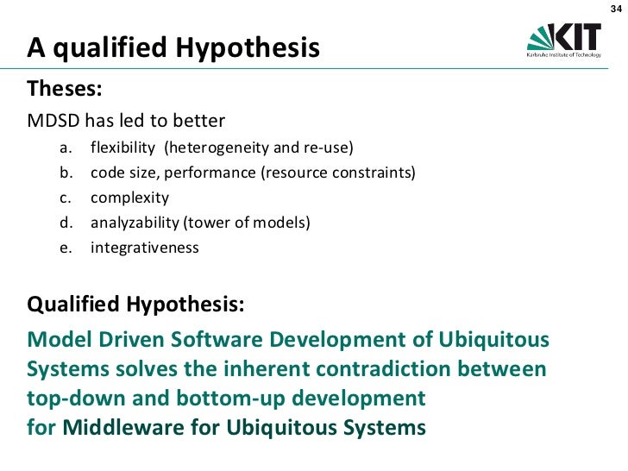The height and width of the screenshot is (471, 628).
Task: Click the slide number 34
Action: coord(615,9)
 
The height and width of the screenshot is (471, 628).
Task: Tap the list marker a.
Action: coord(65,148)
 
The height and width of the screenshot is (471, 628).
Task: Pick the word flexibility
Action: coord(122,148)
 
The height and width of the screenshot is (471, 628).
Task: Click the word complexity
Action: coord(129,198)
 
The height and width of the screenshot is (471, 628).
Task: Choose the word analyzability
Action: coord(134,223)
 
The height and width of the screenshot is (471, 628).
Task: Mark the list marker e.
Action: coord(65,248)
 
